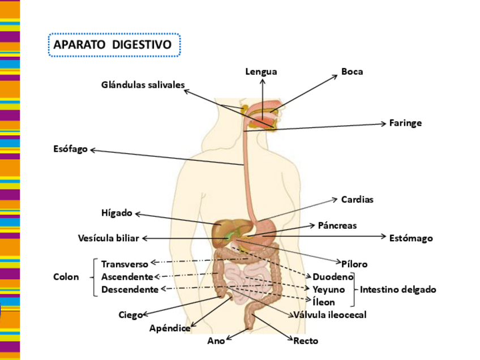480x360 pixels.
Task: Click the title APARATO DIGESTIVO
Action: [114, 45]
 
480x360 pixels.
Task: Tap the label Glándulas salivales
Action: [143, 85]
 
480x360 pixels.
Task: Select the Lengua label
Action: [261, 71]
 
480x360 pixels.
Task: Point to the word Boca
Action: [352, 71]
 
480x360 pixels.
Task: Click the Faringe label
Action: [405, 123]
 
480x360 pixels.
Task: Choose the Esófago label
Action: [71, 149]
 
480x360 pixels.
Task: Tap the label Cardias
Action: [357, 200]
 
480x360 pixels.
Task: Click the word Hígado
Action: [117, 213]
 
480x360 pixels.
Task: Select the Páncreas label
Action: [337, 225]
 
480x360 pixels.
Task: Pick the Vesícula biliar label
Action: [108, 238]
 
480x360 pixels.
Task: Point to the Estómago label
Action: [411, 238]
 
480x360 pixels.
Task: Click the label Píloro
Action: [354, 264]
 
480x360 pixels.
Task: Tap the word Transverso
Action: [125, 264]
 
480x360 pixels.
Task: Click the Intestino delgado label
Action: [398, 290]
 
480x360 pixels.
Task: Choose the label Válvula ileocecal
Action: [329, 315]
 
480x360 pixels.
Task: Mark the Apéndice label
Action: [170, 328]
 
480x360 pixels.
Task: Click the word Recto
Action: [306, 341]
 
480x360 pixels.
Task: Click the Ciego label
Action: [130, 315]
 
